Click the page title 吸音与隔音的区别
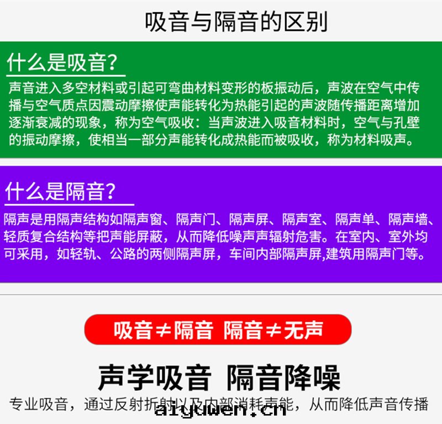[236, 22]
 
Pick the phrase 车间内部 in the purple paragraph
[256, 255]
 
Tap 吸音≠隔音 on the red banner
[164, 330]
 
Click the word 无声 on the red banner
[303, 330]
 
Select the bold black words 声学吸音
[155, 377]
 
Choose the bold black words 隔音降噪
[284, 377]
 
